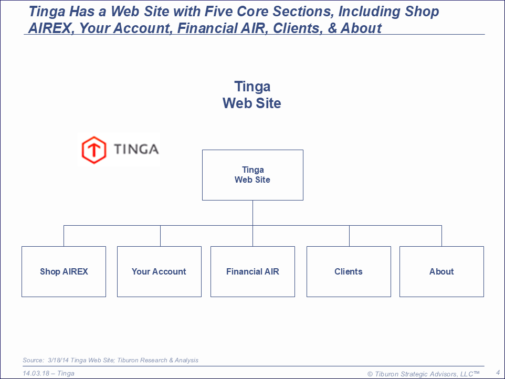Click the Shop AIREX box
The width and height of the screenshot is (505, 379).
coord(64,271)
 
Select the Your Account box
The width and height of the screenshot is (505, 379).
coord(159,271)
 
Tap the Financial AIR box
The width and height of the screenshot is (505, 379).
coord(252,271)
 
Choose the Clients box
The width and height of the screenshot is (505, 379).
coord(349,271)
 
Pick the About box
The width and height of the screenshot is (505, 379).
coord(441,271)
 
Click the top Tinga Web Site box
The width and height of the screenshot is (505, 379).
coord(252,175)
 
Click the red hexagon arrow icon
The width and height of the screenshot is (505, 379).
coord(94,150)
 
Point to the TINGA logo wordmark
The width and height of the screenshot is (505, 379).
coord(136,149)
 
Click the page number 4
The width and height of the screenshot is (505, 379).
coord(498,373)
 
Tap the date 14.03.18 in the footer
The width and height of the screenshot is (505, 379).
coord(36,373)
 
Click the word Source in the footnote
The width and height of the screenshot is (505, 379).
coord(33,360)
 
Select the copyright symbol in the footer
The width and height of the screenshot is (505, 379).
coord(370,374)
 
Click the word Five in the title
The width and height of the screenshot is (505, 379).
coord(219,12)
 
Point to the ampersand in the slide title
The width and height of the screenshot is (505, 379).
coord(332,28)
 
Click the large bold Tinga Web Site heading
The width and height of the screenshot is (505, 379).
coord(252,94)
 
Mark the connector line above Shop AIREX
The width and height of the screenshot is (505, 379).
coord(64,236)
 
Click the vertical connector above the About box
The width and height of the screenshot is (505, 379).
coord(441,236)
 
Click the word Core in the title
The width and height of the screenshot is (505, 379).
coord(252,12)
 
